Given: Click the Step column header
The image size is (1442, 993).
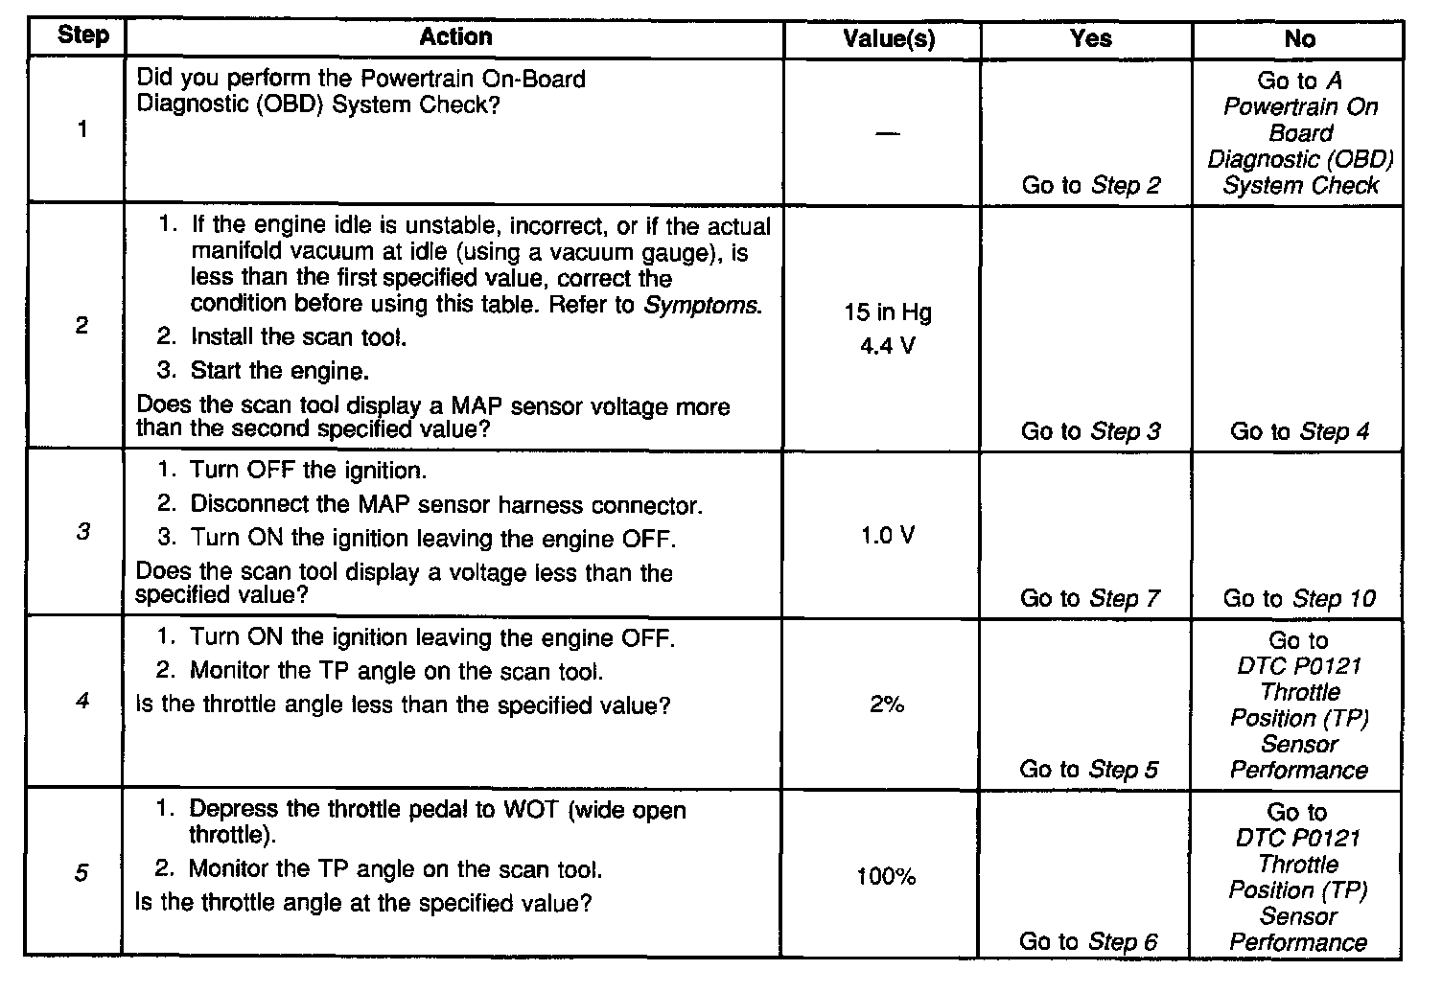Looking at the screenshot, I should tap(82, 36).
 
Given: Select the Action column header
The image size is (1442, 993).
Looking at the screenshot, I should tap(455, 36).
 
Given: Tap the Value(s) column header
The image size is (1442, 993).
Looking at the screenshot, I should tap(889, 38).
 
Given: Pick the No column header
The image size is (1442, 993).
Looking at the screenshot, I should tap(1299, 38).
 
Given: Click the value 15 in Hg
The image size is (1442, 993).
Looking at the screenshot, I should tap(888, 312).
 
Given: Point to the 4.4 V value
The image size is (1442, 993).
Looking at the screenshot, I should tap(888, 345).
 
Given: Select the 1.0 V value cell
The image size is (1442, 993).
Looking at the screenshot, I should tap(888, 535).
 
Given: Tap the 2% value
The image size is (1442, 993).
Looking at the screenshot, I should tap(888, 705).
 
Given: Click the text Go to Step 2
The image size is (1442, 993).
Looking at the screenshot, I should tap(1090, 185).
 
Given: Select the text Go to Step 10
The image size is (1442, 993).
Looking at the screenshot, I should tap(1298, 599).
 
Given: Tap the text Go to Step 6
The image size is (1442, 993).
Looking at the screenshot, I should tap(1088, 941).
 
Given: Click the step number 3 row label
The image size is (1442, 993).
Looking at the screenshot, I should tap(82, 531).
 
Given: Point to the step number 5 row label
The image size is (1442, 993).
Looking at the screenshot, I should tap(81, 874).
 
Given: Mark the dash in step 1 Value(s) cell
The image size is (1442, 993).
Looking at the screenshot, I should tap(888, 133).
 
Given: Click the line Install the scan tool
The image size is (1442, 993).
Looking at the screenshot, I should tap(298, 337).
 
